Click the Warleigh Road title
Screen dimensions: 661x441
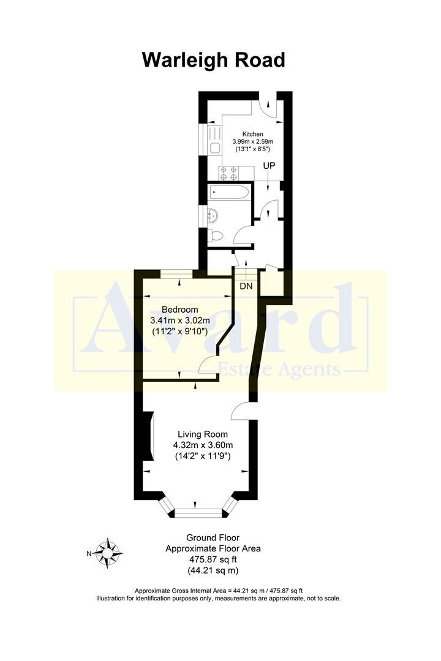[x=213, y=60]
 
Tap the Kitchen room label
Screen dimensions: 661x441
[x=252, y=134]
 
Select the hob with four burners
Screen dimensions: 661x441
[x=228, y=174]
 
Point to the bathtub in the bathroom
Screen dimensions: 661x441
[x=229, y=193]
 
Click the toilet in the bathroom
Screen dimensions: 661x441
[x=216, y=236]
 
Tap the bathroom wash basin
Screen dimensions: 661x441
[x=213, y=215]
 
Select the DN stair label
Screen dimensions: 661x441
[x=246, y=286]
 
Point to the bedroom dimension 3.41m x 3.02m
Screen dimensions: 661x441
[x=180, y=320]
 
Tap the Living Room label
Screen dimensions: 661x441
[x=195, y=434]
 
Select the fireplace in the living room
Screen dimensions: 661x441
[x=148, y=435]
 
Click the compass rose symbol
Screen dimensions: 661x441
[x=109, y=553]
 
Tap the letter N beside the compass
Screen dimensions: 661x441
[x=89, y=553]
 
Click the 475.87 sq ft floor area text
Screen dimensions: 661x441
[x=213, y=559]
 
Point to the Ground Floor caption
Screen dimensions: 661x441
[x=213, y=538]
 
